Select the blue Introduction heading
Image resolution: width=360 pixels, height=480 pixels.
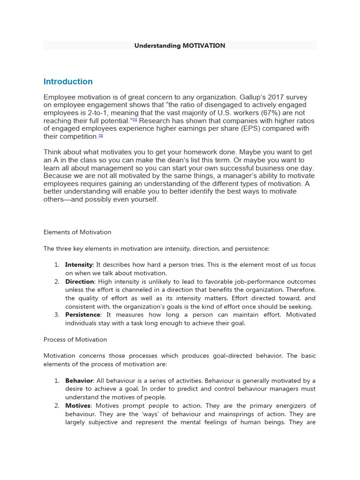pos(68,82)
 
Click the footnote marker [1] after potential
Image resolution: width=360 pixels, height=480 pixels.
pos(135,120)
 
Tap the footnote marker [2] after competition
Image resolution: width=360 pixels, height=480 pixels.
pos(100,135)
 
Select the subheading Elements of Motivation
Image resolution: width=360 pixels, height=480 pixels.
pos(77,232)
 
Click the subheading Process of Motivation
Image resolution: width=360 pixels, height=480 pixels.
pos(75,339)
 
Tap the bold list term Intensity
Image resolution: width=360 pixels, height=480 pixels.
pos(79,265)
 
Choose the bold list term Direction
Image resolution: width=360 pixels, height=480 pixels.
pos(80,282)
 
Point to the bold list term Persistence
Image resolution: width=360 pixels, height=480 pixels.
pos(82,315)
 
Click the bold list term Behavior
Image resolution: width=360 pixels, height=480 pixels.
pos(79,381)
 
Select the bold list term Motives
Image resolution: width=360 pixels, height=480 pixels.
pos(77,405)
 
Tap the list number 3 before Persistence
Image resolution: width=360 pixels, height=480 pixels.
pos(56,315)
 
